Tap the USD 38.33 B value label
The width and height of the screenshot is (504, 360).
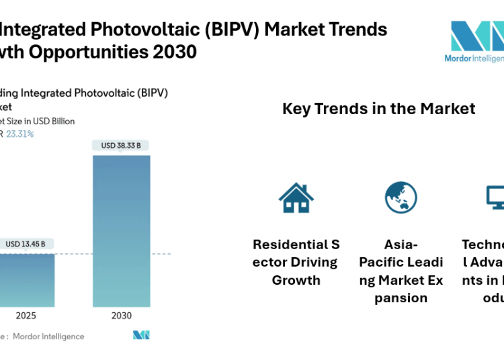[x=122, y=146]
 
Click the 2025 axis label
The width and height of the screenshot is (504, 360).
[x=26, y=315]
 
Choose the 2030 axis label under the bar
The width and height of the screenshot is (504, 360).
[x=122, y=315]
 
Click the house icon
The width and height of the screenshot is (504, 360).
[x=296, y=197]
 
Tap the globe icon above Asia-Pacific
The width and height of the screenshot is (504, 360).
[x=401, y=197]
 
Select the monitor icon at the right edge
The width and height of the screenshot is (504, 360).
[x=496, y=197]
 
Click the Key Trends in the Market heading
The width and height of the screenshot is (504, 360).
[x=378, y=109]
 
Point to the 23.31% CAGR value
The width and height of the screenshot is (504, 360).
[x=20, y=134]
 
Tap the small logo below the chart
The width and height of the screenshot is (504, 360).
[x=141, y=334]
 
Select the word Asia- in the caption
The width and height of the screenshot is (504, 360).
[x=401, y=244]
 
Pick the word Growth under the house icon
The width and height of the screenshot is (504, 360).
[x=296, y=280]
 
